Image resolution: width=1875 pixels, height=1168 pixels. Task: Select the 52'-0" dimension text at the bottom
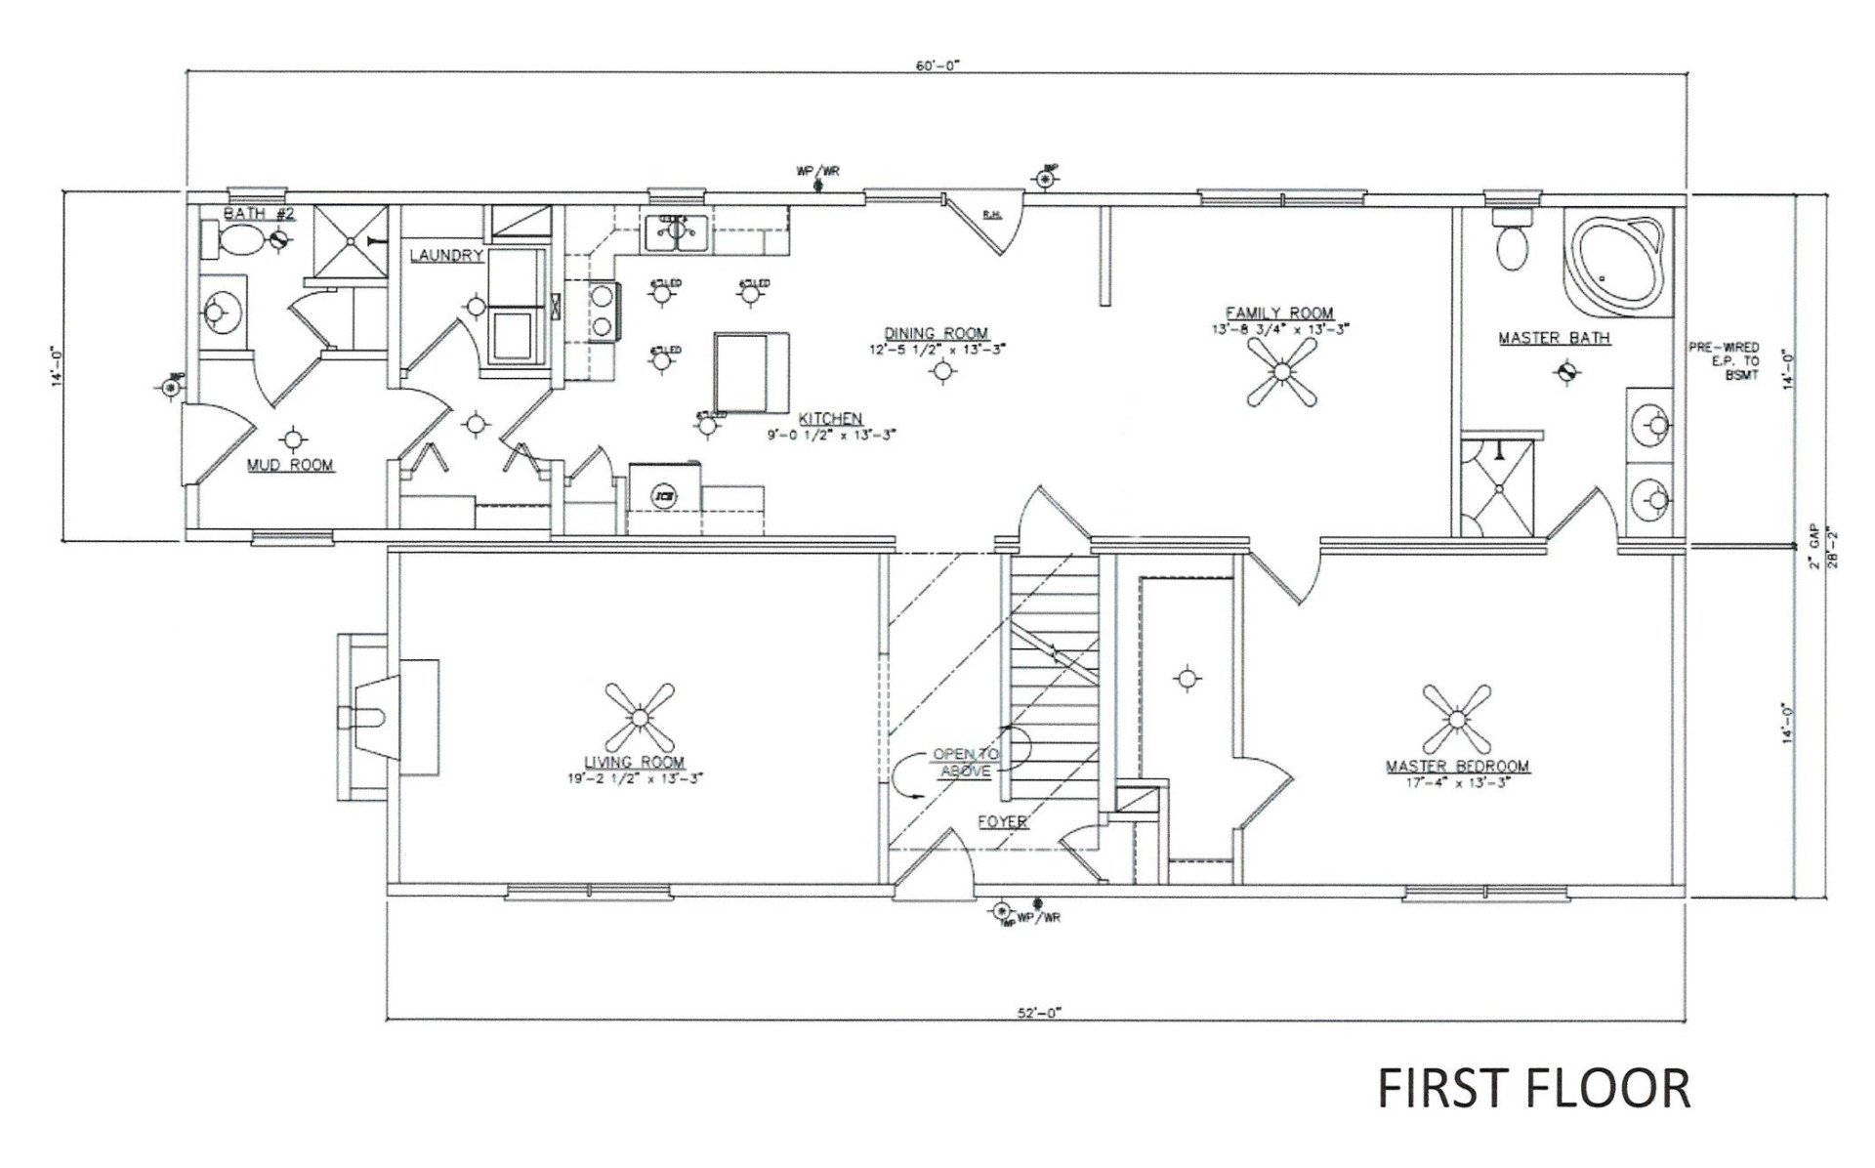click(1037, 1014)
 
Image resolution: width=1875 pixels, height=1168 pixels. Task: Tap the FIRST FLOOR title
click(1532, 1087)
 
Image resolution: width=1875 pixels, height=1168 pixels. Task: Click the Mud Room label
click(290, 465)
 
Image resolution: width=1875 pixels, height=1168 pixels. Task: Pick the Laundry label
click(446, 256)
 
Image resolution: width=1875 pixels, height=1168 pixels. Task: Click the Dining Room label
click(937, 333)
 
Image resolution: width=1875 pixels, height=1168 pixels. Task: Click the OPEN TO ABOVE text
click(965, 762)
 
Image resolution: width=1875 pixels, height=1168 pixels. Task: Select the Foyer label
click(1002, 821)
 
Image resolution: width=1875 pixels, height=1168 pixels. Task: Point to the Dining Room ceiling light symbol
click(941, 370)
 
